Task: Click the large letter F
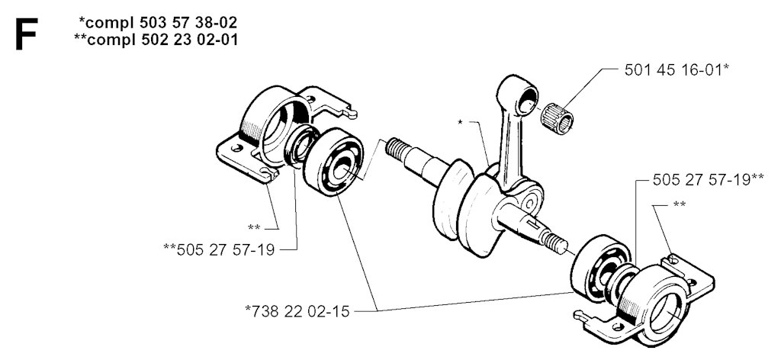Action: point(27,34)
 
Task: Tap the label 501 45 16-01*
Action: point(677,69)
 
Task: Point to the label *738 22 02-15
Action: point(297,311)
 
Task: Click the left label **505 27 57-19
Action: point(219,249)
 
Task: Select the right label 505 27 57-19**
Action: point(709,180)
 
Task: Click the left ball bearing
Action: point(333,162)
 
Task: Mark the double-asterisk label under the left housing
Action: point(254,227)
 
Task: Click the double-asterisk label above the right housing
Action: point(680,204)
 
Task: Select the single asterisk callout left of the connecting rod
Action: point(460,121)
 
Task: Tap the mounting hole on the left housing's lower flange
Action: point(237,147)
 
